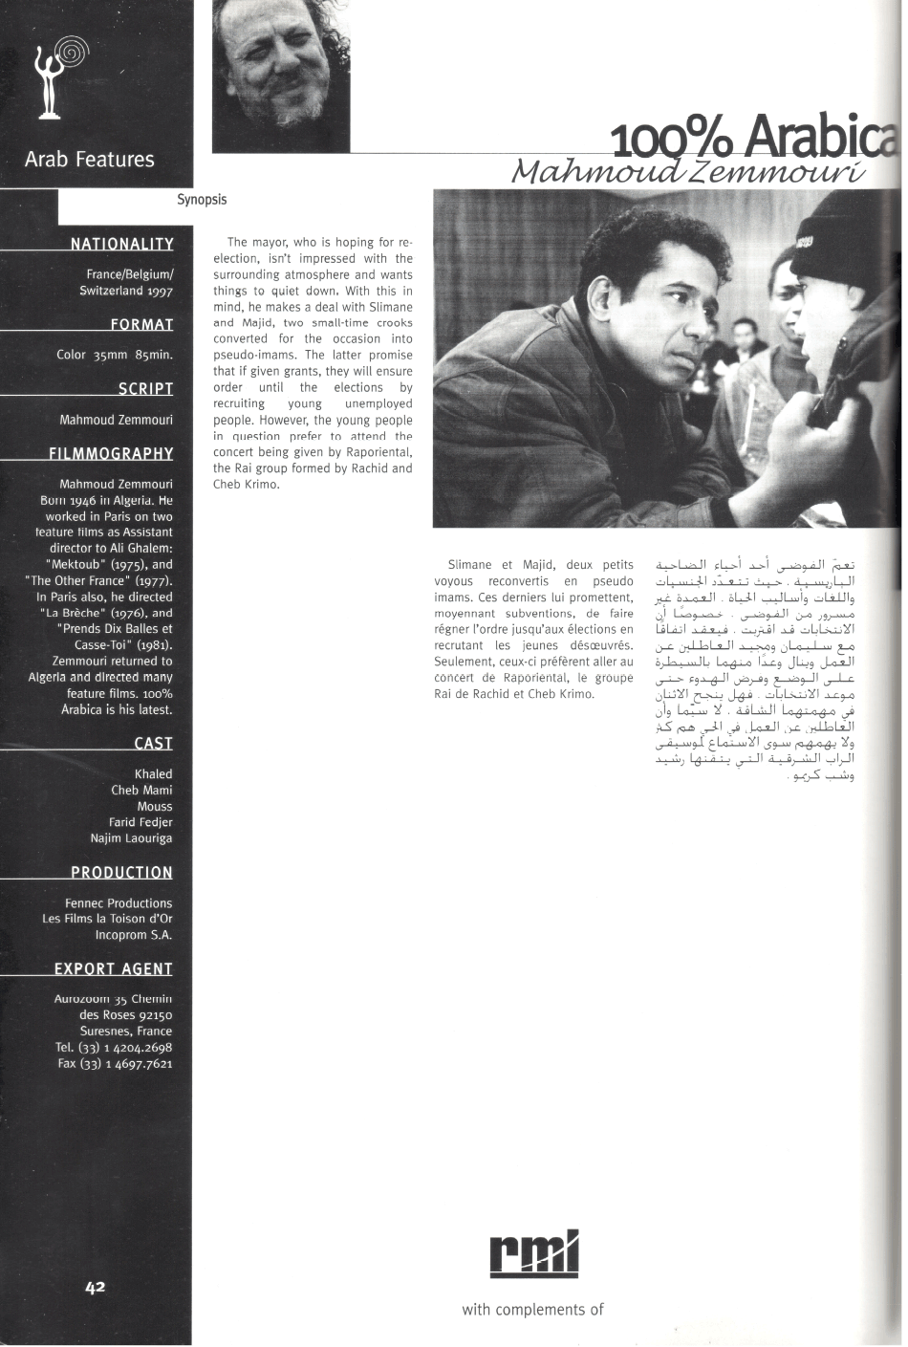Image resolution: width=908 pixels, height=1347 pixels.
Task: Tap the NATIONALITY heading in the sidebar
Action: coord(121,245)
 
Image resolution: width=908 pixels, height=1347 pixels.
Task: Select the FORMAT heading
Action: coord(141,325)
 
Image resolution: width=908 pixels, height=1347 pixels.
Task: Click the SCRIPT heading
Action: coord(145,389)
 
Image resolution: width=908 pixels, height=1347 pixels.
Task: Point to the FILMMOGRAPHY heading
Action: coord(111,453)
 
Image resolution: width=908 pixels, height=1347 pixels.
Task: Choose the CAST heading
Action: coord(153,744)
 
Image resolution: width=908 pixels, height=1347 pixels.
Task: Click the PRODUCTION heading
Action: coord(121,873)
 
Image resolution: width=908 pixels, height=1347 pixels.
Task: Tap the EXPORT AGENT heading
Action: coord(113,969)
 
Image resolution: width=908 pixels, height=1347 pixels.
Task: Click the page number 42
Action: coord(95,1287)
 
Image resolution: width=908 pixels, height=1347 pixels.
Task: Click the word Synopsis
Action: coord(202,200)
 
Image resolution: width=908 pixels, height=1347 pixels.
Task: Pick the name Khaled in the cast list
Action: coord(153,774)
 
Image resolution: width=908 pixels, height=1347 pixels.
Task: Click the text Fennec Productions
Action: coord(119,903)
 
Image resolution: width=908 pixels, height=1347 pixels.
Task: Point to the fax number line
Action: coord(115,1063)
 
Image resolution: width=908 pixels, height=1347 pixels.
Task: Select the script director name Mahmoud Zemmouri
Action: coord(116,420)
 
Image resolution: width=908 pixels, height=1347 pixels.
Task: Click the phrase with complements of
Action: coord(532,1310)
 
